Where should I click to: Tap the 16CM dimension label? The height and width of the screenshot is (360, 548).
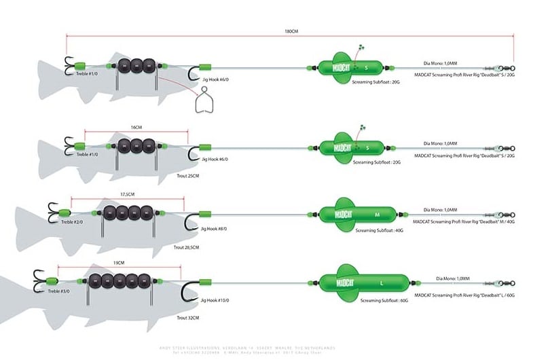[x=136, y=126]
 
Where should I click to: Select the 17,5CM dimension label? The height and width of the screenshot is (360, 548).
[x=126, y=194]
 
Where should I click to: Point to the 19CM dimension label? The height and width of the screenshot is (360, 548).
[x=119, y=262]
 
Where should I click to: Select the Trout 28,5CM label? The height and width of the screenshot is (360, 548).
[x=187, y=248]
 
